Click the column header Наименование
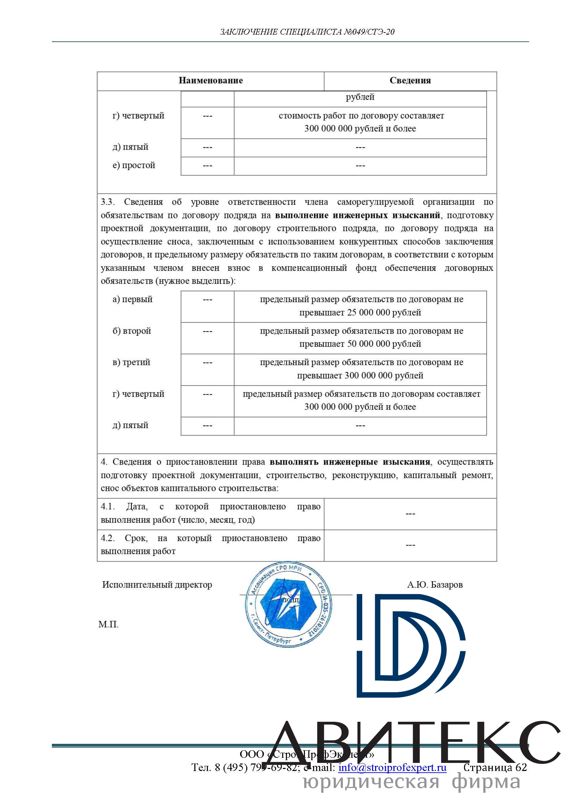(211, 80)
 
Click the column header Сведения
(410, 80)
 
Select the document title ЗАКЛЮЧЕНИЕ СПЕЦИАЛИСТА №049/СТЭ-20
(307, 32)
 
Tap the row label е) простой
(134, 165)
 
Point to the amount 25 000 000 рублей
(384, 312)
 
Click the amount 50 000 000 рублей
(384, 344)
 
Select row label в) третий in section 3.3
(131, 362)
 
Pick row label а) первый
(132, 299)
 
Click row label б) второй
(132, 331)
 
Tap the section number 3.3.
(108, 202)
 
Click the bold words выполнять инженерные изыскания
(350, 462)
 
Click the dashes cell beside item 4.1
(410, 514)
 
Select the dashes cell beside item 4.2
(410, 545)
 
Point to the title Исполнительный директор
(157, 584)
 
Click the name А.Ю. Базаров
(434, 584)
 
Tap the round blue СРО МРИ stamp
(288, 604)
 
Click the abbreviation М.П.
(109, 624)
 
